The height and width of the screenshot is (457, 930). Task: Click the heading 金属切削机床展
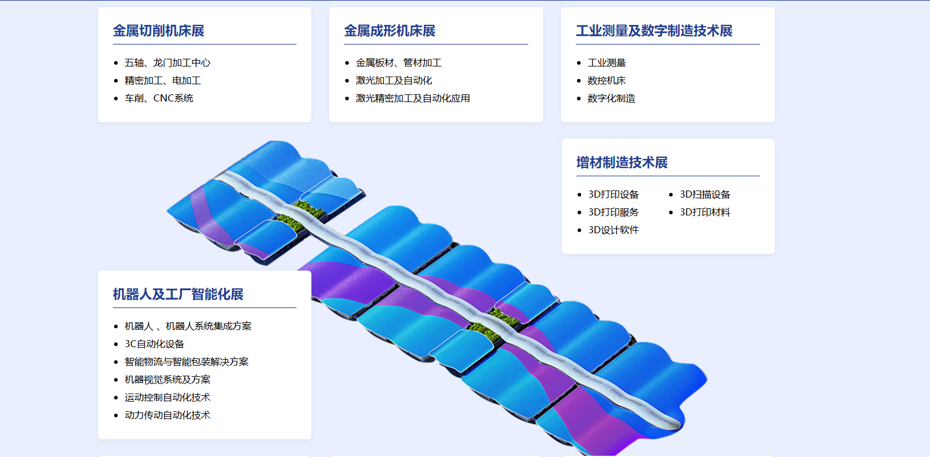159,31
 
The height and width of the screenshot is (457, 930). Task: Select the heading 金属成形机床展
390,31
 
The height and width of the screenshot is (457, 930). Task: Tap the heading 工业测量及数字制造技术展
654,31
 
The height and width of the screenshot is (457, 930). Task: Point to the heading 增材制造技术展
622,163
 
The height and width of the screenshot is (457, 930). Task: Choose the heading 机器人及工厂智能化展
178,294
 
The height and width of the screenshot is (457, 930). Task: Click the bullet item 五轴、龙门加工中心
168,63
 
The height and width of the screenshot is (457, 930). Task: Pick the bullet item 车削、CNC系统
159,99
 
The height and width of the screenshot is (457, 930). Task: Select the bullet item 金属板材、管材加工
399,63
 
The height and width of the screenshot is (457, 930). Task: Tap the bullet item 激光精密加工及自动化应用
413,99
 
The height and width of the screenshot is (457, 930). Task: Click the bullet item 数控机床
607,81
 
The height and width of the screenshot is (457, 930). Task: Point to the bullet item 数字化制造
611,99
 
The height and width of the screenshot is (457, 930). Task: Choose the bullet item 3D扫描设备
705,195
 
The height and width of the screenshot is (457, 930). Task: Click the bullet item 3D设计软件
613,230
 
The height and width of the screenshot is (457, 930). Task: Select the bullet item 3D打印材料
705,212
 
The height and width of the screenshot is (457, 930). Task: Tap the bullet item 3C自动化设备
155,344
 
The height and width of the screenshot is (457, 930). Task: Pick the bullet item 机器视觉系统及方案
168,380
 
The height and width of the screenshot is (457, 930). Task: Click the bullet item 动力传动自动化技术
168,415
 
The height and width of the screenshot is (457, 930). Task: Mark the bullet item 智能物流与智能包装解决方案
187,362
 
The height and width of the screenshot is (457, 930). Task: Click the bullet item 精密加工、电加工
163,81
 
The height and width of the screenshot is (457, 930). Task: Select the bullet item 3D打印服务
613,212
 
